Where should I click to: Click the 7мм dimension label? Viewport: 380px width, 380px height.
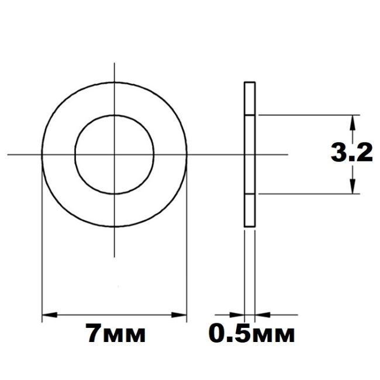tap(116, 333)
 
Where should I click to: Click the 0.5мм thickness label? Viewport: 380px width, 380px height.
tap(251, 333)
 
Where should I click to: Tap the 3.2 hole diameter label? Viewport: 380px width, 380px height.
tap(351, 153)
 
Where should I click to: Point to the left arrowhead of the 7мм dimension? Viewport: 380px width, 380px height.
tap(50, 315)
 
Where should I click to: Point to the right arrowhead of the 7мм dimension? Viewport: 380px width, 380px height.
tap(179, 315)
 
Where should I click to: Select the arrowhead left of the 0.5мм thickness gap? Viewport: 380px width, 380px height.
tap(237, 315)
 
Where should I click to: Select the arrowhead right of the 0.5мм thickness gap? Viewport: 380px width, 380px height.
tap(262, 315)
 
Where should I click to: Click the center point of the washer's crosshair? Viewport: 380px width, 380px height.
tap(115, 154)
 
